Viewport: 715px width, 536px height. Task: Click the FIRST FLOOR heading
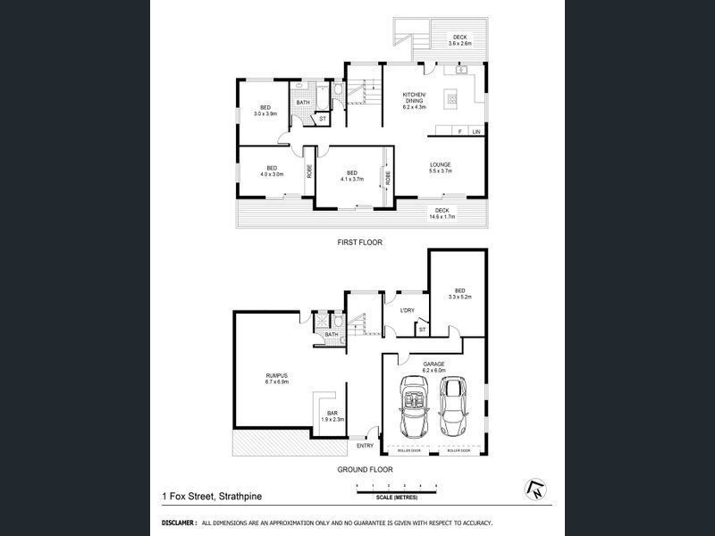point(359,242)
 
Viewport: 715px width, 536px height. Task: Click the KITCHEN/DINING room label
point(414,100)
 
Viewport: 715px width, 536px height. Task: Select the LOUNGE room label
point(440,167)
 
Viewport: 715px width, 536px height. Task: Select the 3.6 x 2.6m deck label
point(458,40)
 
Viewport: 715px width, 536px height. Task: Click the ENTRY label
point(365,446)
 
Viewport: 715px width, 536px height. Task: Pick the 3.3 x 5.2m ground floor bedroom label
point(459,293)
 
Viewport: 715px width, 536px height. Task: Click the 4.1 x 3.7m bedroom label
point(351,176)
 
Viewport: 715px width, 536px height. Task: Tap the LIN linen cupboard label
point(476,132)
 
